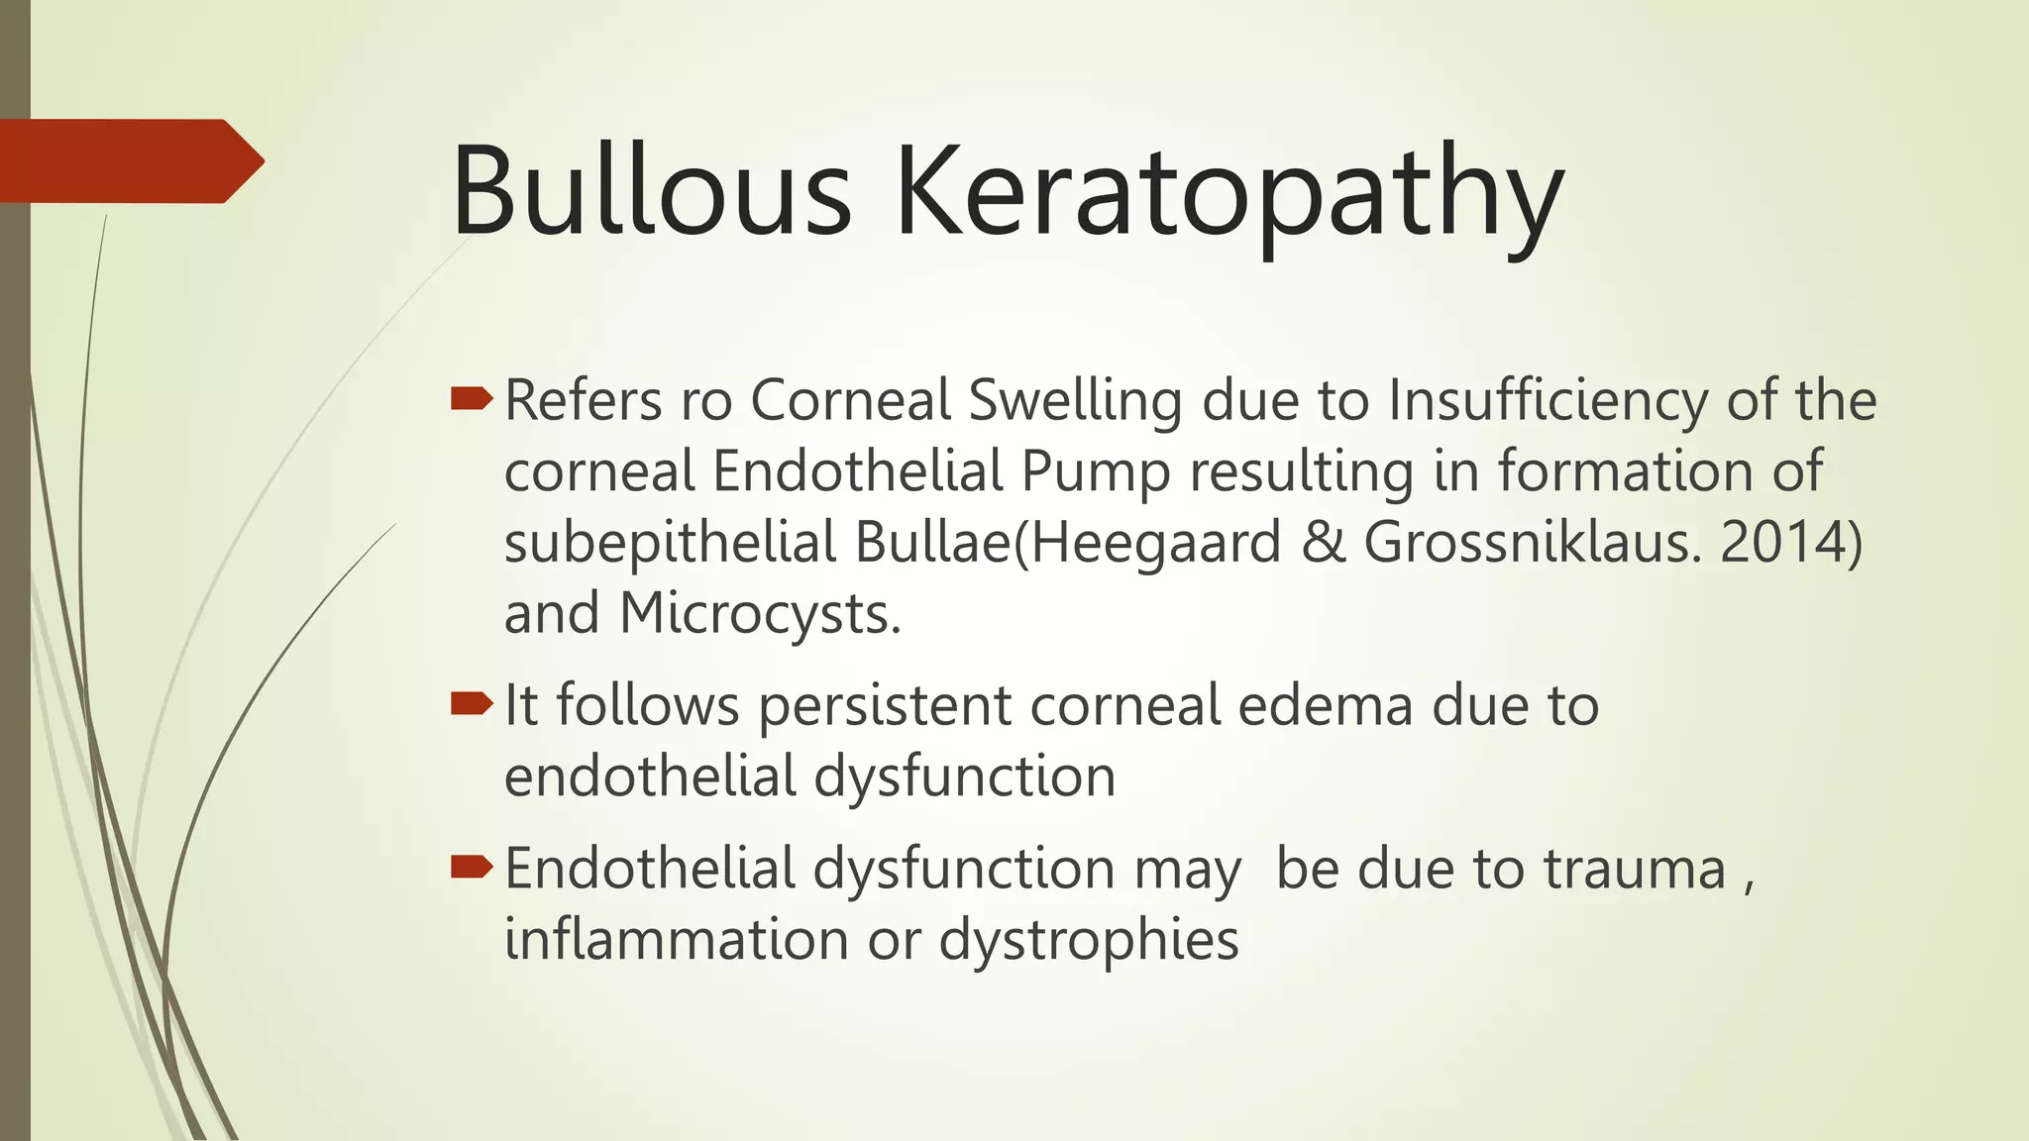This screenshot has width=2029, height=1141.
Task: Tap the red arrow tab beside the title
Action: click(x=129, y=160)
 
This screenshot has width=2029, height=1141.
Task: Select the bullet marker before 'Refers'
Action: click(x=471, y=399)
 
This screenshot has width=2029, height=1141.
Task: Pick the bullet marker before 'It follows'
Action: click(x=471, y=704)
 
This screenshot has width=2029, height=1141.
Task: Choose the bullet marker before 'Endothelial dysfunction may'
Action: click(x=471, y=868)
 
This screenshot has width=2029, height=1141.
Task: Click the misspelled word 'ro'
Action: click(x=705, y=401)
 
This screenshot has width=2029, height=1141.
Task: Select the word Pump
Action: click(x=1096, y=473)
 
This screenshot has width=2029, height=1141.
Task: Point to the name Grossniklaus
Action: click(x=1532, y=543)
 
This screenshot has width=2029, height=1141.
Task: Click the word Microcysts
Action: click(x=760, y=614)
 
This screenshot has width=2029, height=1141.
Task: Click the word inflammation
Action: click(x=677, y=939)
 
